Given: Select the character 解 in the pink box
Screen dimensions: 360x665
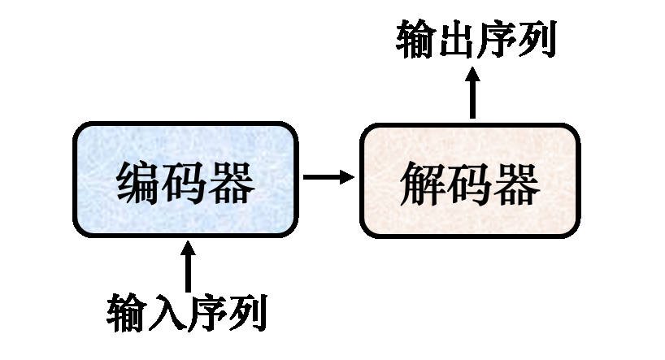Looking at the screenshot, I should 424,184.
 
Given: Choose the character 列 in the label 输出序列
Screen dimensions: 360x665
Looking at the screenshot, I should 536,39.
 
